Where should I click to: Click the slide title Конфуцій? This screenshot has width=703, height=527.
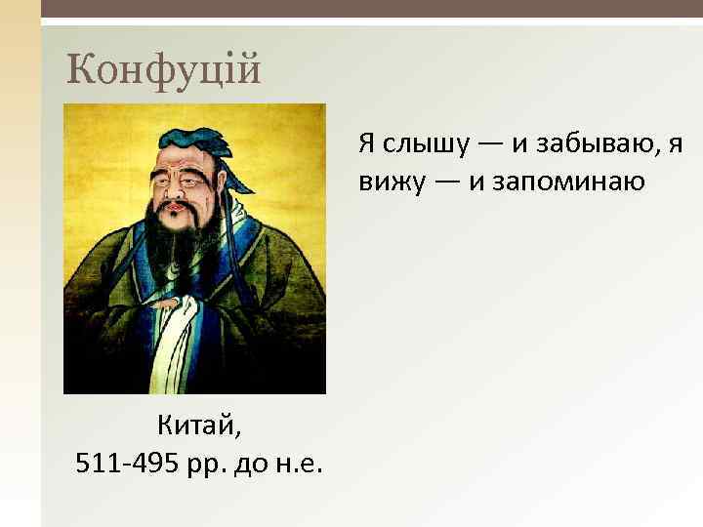pos(164,68)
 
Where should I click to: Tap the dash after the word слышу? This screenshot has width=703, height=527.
pos(491,145)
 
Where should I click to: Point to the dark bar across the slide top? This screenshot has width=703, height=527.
pos(371,9)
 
